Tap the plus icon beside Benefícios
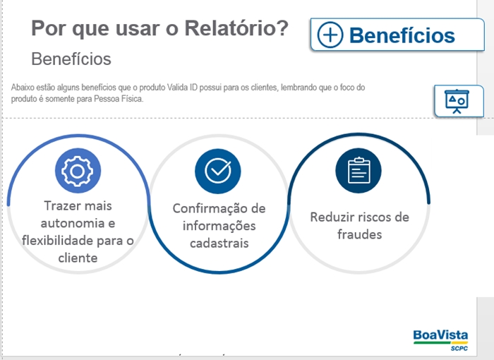point(330,35)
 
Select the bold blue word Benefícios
point(402,35)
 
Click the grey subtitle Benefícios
point(71,59)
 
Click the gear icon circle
point(78,171)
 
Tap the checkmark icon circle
point(217,171)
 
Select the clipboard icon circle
point(359,171)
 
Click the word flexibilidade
point(58,241)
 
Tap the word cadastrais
point(219,244)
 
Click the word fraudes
point(359,234)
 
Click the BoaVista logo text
point(440,335)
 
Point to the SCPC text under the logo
point(459,348)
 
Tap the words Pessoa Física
point(119,99)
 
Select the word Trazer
point(59,206)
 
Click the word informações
point(219,226)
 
